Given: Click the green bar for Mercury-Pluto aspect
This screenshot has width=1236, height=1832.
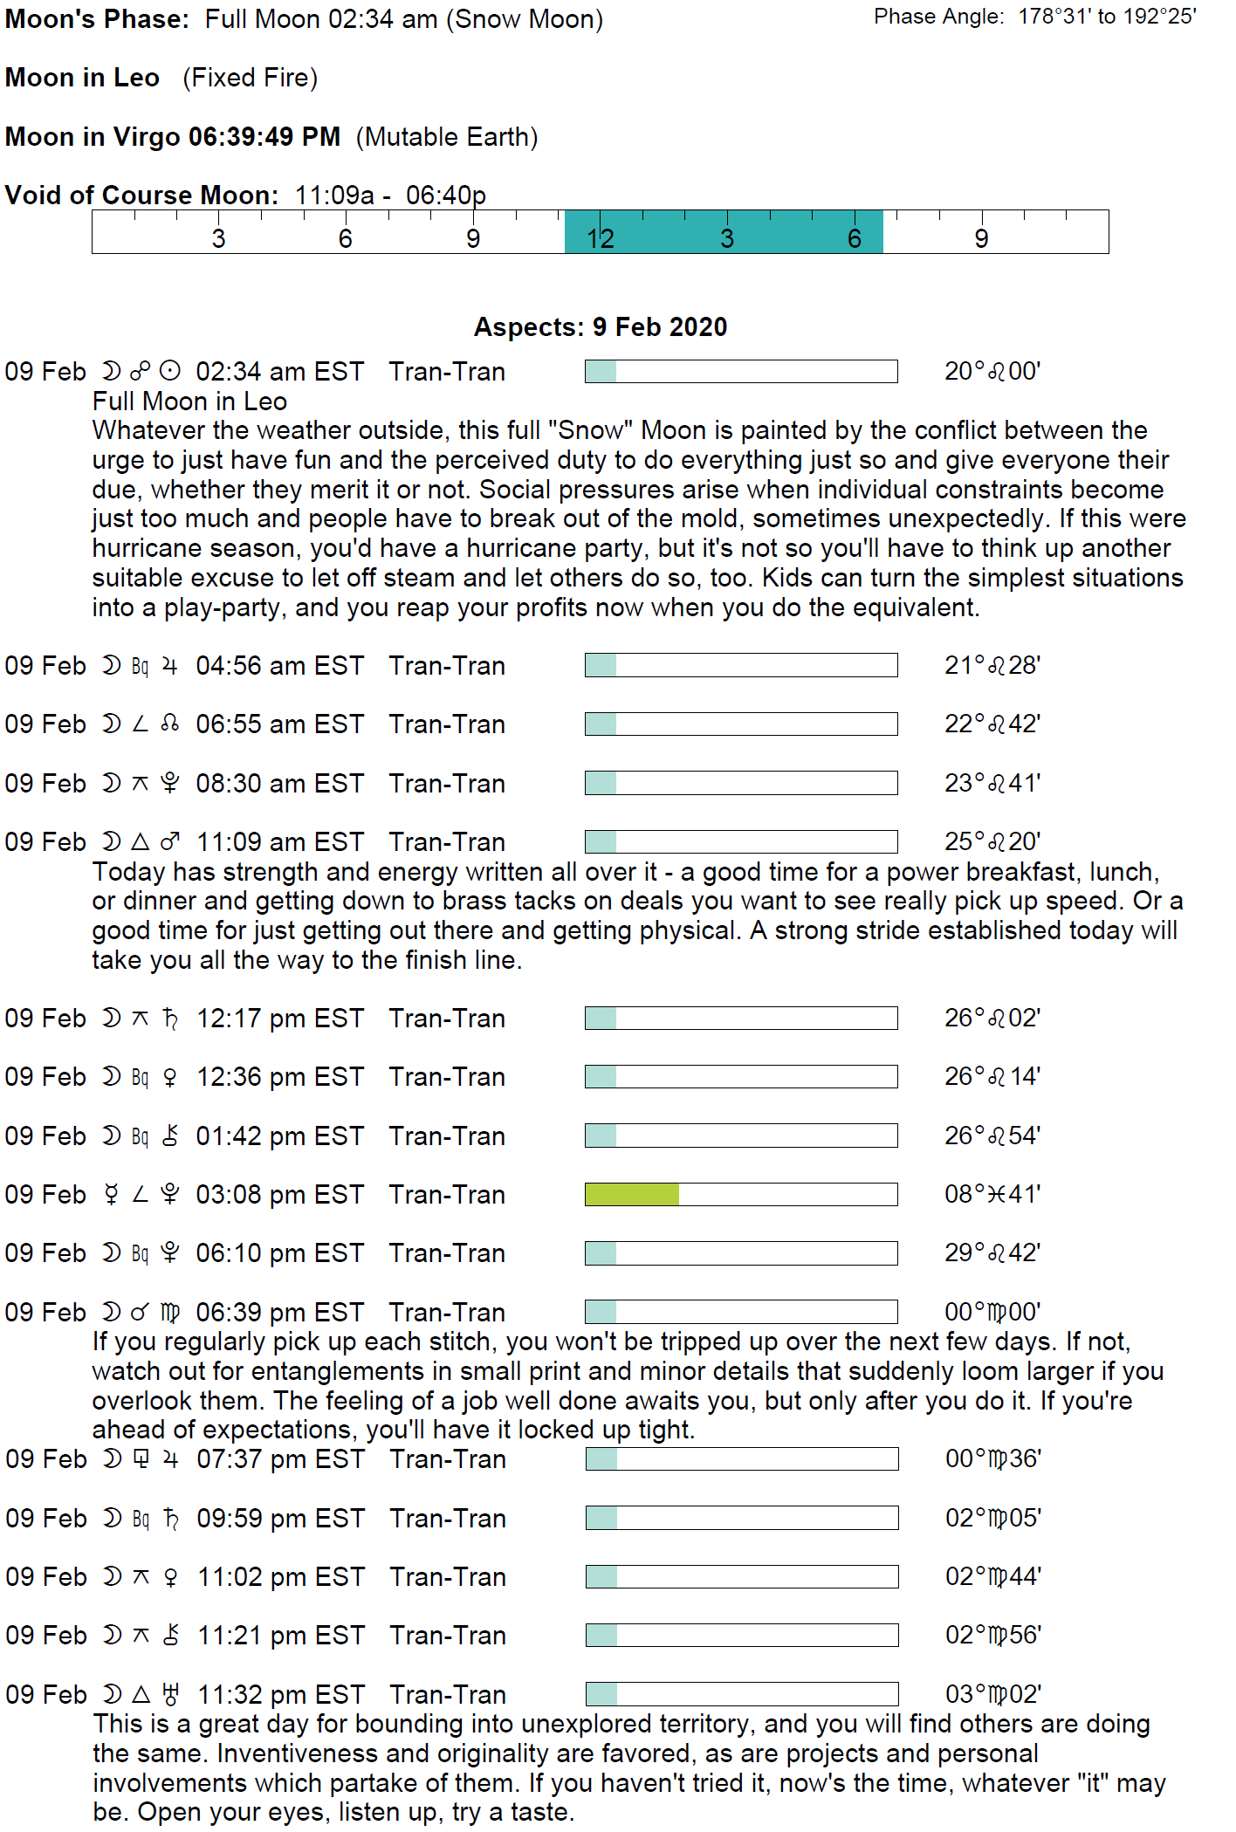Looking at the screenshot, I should click(632, 1194).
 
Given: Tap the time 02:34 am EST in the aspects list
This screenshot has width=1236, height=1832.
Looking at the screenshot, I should click(279, 372).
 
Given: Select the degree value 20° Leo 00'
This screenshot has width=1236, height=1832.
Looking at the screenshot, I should click(992, 372).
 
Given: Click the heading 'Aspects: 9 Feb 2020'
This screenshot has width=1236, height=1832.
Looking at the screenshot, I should click(601, 327).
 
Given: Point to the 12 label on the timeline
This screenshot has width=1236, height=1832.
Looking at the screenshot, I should click(601, 238).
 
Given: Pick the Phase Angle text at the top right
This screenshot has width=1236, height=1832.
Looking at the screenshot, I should click(1035, 17).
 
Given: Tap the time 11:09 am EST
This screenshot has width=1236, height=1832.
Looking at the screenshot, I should click(279, 842).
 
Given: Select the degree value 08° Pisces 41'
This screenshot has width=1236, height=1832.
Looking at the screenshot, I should click(992, 1194).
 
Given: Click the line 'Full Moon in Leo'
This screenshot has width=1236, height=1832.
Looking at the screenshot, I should click(189, 401).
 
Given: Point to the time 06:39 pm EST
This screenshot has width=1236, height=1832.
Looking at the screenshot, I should click(279, 1313).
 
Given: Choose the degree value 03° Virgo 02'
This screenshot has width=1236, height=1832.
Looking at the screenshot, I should click(993, 1694).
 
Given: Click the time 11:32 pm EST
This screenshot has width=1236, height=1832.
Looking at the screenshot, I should click(280, 1695).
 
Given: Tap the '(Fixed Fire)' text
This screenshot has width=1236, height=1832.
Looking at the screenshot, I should click(251, 79).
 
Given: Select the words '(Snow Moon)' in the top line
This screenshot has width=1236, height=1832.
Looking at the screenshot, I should click(525, 19).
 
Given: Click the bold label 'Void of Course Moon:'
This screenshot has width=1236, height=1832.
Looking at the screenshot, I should click(141, 195).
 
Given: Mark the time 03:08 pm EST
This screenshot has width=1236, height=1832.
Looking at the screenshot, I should click(279, 1195).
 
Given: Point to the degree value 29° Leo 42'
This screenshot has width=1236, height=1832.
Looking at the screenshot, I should click(992, 1253).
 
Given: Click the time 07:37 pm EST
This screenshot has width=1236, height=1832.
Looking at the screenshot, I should click(280, 1459).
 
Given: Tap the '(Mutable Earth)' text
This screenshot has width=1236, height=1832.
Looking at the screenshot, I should click(447, 137).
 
